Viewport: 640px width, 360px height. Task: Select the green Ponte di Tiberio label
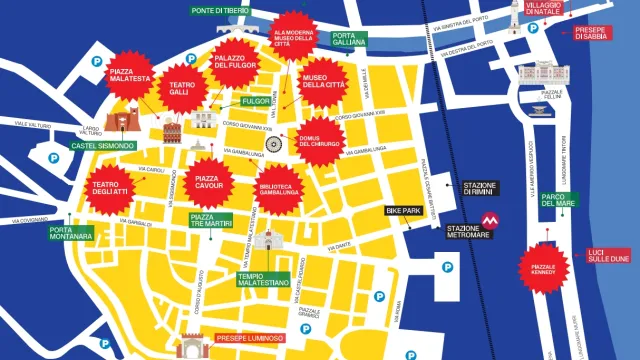(x=222, y=11)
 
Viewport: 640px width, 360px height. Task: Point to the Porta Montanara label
(x=71, y=233)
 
